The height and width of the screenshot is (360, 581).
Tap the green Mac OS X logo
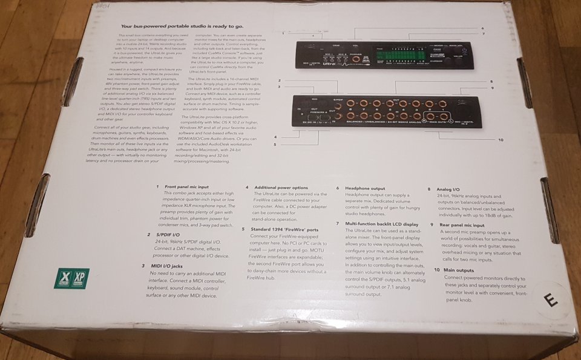pos(62,278)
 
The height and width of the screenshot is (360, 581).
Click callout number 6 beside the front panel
pos(482,28)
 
